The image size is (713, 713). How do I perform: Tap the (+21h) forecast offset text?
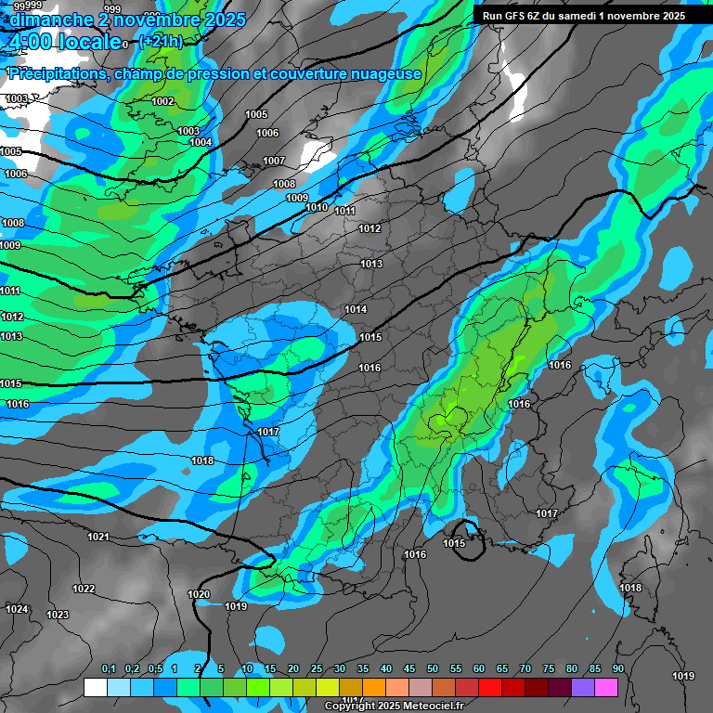[161, 41]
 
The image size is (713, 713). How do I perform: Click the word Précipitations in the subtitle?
[58, 73]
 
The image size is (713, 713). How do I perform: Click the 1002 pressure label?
[162, 101]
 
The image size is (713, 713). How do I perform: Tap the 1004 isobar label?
[201, 142]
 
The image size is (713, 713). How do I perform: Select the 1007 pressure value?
[274, 161]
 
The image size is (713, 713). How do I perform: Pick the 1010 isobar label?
[317, 207]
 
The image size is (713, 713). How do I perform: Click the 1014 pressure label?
[356, 309]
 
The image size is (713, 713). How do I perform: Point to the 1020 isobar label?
[199, 594]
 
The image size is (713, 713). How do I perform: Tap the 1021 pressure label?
[97, 537]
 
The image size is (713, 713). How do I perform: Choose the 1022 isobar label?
[84, 589]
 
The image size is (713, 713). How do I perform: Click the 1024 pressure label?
[17, 609]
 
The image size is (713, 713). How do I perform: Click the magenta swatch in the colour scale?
[606, 687]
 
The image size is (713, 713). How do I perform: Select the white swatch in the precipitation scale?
[96, 687]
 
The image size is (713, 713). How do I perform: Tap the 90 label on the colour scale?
[617, 669]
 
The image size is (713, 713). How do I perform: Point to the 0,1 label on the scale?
[108, 669]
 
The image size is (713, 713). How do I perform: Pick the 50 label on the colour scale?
[433, 669]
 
